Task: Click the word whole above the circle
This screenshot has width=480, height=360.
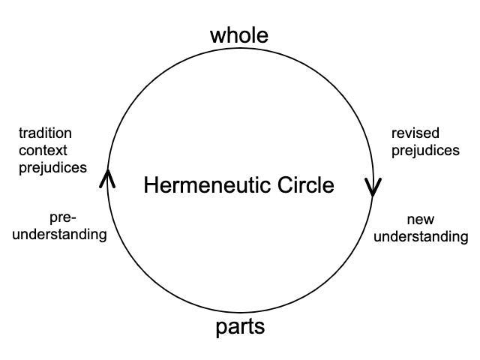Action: pos(239,34)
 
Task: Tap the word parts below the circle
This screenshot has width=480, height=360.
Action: pos(240,327)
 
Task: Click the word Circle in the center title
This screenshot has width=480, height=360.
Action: pos(304,184)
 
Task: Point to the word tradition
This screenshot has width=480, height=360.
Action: pos(45,133)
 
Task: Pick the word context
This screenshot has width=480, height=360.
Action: pos(43,151)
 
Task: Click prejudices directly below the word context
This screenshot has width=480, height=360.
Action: pos(52,168)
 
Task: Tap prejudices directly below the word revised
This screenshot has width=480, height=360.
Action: pos(425,151)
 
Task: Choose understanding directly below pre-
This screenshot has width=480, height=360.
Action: pos(62,235)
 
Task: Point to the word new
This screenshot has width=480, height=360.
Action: pos(421,220)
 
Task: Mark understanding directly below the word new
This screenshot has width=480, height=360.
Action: pos(421,237)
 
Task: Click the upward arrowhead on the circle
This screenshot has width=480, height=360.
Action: pos(107,177)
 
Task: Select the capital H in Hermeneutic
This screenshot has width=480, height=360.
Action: pos(150,184)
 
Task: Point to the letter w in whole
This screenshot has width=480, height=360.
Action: pos(217,35)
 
